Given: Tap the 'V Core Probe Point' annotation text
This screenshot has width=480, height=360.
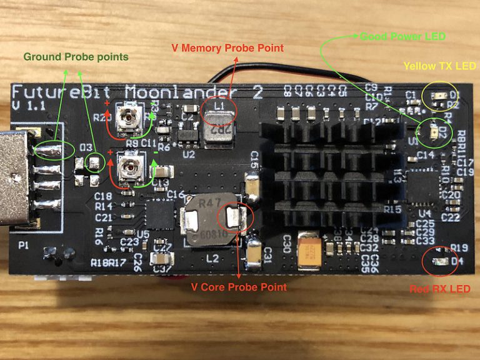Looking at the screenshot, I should click(238, 287).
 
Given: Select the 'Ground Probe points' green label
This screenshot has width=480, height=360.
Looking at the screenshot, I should click(76, 57).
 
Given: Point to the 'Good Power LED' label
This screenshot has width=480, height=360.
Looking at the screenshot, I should click(402, 36).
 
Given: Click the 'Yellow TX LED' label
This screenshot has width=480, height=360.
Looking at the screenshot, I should click(439, 66).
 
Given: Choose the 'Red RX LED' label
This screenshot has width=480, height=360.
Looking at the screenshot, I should click(439, 289).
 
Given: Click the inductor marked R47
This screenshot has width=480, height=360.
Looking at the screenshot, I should click(209, 222).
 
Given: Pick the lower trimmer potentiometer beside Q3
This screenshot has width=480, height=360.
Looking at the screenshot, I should click(131, 166).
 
